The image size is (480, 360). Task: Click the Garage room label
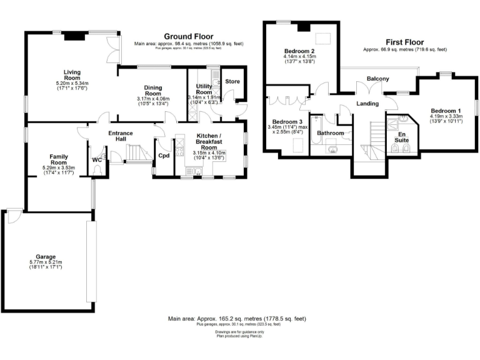coord(46,257)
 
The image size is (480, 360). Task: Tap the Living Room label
coord(73,75)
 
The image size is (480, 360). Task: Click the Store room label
coord(232,81)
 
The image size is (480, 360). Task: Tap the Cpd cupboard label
coord(164,156)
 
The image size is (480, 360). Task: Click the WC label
coord(96,160)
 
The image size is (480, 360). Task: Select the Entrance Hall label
coord(121,136)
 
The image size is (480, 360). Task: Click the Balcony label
coord(377,78)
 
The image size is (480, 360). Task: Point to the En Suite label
coord(398,137)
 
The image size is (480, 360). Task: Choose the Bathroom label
coord(330,132)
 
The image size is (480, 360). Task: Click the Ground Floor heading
coord(187,36)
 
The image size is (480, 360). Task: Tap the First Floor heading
coord(404,41)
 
